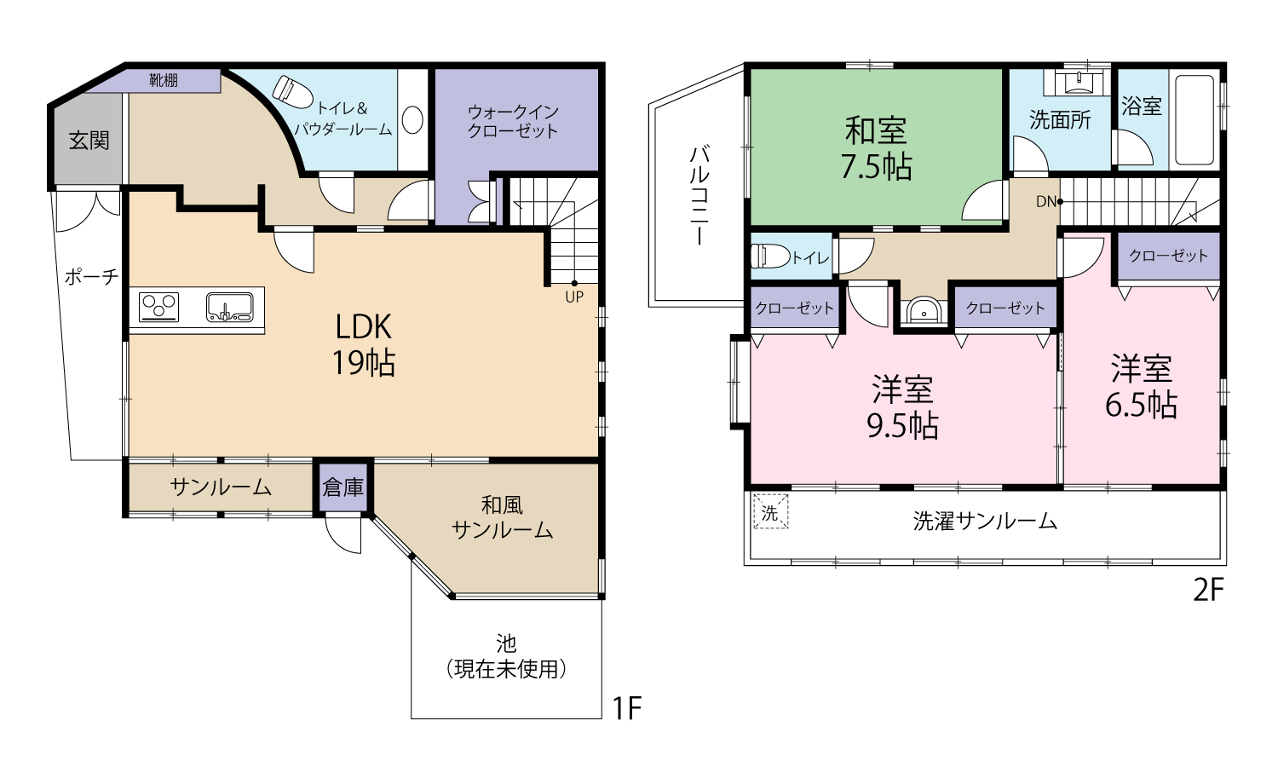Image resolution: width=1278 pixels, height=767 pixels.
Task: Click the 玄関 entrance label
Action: pos(89,141)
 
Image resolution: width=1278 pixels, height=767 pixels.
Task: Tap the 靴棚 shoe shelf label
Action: pos(164,81)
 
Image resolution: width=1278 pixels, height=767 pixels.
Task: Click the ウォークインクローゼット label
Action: pos(513,121)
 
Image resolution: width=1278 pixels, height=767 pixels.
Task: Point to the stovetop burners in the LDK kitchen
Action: pos(159,307)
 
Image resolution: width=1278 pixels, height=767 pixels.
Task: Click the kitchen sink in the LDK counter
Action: pos(229,307)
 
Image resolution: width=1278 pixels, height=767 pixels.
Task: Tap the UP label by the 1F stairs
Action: pos(574,297)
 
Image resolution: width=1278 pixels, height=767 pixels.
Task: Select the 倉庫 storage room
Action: pos(343,487)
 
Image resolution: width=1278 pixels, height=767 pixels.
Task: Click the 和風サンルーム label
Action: pos(502,517)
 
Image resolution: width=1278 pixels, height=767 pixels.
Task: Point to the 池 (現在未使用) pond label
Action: pos(506,656)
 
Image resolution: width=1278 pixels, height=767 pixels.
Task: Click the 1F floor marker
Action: pos(627,708)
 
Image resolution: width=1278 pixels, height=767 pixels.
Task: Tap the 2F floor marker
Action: pos(1207,590)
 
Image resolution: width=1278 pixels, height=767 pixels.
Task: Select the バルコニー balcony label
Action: pos(699,195)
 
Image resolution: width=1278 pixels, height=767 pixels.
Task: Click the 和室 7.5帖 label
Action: pos(876,148)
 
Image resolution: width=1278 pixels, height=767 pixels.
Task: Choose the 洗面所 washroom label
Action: pos(1060,120)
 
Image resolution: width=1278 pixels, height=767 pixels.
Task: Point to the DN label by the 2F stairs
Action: pos(1045,202)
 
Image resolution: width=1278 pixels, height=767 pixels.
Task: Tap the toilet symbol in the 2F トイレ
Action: pos(769,256)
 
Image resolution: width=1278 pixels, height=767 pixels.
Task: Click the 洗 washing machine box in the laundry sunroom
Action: pos(770,513)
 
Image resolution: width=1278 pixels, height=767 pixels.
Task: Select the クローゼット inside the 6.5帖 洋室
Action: pos(1168,256)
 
